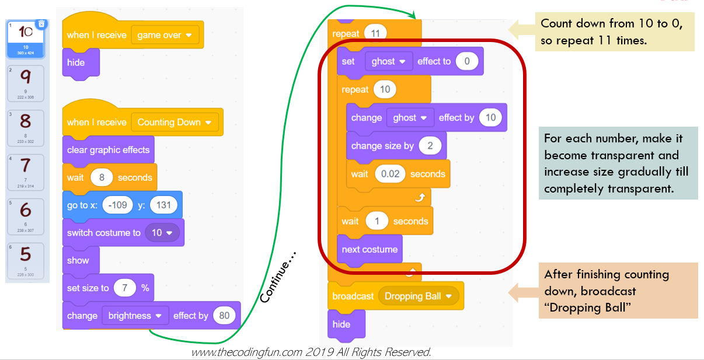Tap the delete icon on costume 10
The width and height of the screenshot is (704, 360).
pos(41,24)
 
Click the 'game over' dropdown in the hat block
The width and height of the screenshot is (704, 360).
pos(164,35)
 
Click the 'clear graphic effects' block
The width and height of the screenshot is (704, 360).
pos(108,150)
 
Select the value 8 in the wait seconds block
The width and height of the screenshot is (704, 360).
pos(102,177)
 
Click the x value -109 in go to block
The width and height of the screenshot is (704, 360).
pos(118,205)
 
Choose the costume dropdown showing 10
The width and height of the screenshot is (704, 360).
pos(162,233)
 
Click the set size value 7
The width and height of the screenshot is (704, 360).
pos(124,288)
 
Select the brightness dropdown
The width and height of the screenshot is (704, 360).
pos(134,316)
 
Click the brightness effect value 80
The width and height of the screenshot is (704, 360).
pos(225,316)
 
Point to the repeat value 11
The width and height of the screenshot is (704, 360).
pos(375,34)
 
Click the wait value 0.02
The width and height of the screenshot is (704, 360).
pos(389,174)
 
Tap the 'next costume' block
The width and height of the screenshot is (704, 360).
pos(370,249)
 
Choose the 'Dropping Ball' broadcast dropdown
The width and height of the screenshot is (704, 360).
pos(417,296)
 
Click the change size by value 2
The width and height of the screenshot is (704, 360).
pos(430,146)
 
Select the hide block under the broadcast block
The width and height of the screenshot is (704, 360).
pos(341,324)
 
